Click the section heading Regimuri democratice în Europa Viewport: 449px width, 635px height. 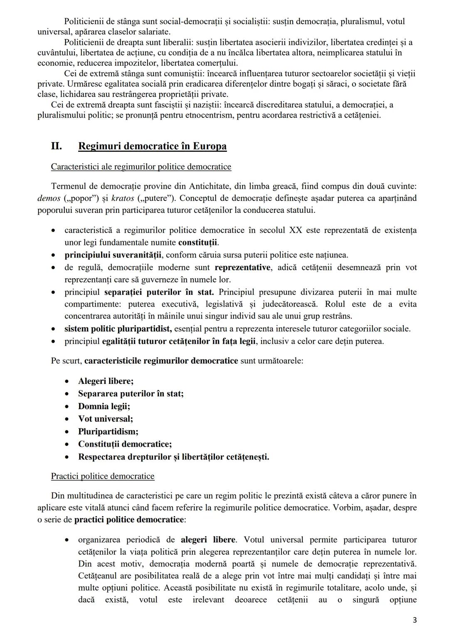click(x=152, y=146)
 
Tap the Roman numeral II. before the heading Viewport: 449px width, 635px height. click(x=57, y=146)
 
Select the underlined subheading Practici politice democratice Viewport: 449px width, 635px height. click(x=103, y=476)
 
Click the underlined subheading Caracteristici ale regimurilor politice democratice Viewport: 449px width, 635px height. click(x=141, y=167)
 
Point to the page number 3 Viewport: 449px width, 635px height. click(x=414, y=620)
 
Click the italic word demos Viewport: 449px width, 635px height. click(x=49, y=198)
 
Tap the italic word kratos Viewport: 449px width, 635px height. click(x=121, y=198)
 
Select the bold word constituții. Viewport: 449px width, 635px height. click(x=198, y=242)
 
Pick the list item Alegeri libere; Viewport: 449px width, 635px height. click(x=106, y=381)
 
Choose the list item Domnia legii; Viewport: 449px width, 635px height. click(x=104, y=406)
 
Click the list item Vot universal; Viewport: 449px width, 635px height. click(x=106, y=419)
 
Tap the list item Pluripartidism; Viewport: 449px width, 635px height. click(x=108, y=432)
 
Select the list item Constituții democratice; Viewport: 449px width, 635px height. click(x=125, y=444)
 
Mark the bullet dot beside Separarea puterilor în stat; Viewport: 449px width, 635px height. click(x=67, y=394)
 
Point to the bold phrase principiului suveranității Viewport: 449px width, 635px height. click(x=113, y=255)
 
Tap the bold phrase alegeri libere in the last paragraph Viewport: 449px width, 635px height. click(x=208, y=540)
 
